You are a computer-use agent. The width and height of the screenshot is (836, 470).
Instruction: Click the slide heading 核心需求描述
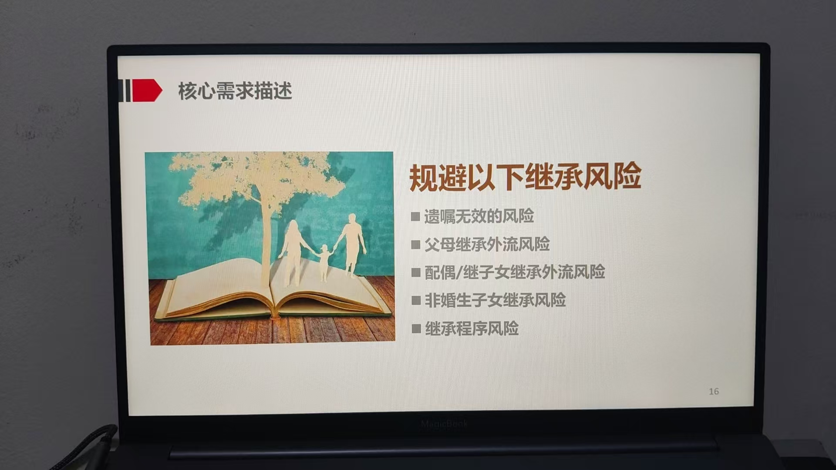pos(235,91)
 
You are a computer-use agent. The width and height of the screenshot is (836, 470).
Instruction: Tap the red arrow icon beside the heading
pos(147,91)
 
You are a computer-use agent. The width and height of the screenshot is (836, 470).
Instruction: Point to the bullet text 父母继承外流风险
pos(487,245)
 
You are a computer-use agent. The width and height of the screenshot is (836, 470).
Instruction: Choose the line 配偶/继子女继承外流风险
pos(515,272)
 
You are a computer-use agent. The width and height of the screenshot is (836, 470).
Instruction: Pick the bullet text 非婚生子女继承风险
pos(496,300)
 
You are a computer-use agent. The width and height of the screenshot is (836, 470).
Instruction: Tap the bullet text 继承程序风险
pos(472,329)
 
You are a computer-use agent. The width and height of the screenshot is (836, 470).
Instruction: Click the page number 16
pos(714,392)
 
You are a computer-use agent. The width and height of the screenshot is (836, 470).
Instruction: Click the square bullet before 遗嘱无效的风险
pos(415,216)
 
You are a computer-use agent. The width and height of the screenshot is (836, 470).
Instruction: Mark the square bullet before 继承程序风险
pos(416,329)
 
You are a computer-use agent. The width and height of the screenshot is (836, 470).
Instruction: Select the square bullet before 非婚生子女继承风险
pos(416,300)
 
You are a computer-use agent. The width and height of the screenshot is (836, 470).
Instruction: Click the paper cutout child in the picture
pos(324,262)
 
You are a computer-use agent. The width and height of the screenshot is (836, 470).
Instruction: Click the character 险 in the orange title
pos(627,176)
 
